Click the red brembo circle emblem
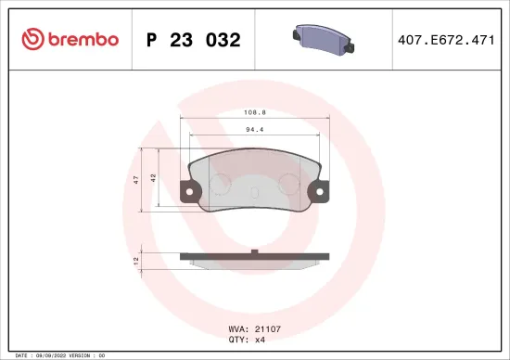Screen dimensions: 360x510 (32, 39)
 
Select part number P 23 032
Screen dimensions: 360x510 (194, 40)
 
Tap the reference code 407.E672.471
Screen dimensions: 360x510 (445, 40)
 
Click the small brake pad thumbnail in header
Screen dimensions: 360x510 (324, 38)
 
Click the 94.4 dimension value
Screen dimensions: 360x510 (254, 131)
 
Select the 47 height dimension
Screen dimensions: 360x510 (136, 178)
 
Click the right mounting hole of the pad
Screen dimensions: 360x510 (320, 194)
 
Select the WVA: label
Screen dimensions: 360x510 (238, 328)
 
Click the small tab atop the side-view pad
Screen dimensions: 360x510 (254, 251)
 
